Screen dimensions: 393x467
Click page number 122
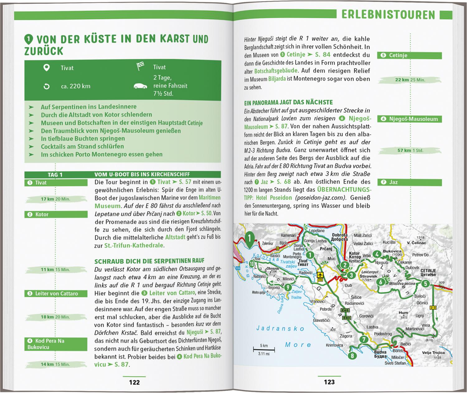click(134, 382)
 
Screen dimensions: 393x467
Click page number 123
click(329, 382)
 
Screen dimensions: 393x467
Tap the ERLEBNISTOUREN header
click(388, 15)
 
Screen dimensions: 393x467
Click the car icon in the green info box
click(140, 86)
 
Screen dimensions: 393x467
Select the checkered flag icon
click(140, 67)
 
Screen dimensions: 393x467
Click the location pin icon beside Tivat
click(46, 68)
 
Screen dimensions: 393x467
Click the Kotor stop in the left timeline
click(56, 214)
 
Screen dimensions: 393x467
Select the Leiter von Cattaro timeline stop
click(56, 293)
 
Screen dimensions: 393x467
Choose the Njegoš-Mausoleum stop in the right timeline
click(409, 119)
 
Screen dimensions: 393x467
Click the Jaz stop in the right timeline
click(409, 182)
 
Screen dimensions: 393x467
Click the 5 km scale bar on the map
click(264, 350)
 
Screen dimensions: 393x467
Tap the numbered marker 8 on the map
click(352, 356)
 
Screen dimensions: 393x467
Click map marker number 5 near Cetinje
click(425, 284)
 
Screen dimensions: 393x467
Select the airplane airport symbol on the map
click(320, 275)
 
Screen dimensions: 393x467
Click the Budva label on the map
click(380, 353)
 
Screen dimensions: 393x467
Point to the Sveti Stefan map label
click(395, 363)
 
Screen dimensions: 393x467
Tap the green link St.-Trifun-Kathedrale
click(134, 245)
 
